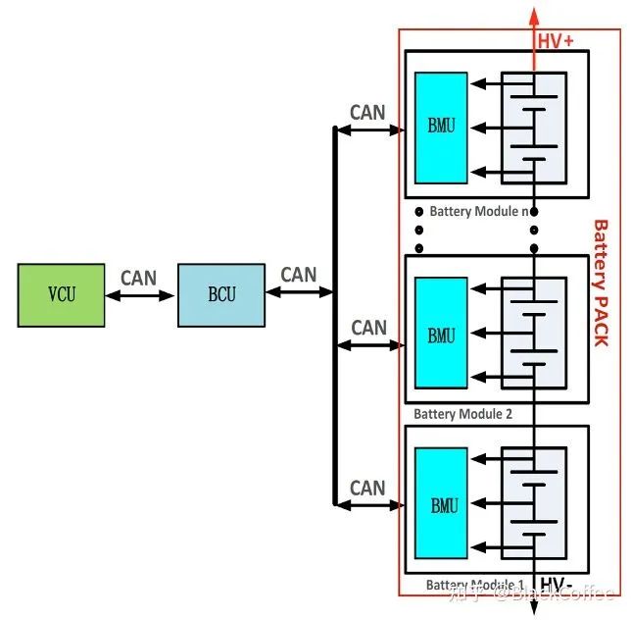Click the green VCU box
(61, 294)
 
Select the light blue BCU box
(220, 294)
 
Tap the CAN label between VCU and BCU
(138, 278)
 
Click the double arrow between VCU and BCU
(140, 294)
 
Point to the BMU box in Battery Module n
(441, 128)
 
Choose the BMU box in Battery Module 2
(441, 336)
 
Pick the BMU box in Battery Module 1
(441, 506)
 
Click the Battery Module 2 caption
(462, 414)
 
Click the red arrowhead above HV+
(534, 14)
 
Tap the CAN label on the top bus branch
(367, 113)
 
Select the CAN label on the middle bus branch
(368, 328)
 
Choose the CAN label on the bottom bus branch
(367, 488)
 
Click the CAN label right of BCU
(298, 275)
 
